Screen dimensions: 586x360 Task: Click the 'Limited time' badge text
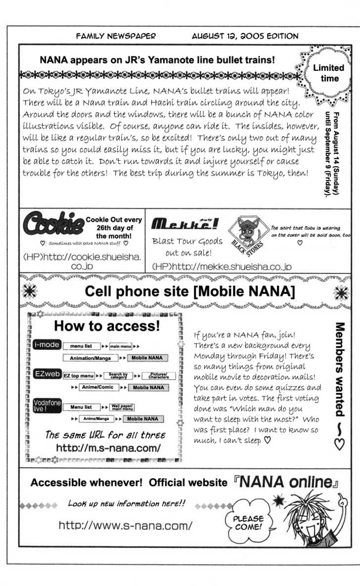[328, 73]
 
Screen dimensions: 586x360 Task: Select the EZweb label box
[44, 375]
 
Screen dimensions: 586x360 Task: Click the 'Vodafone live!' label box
[44, 406]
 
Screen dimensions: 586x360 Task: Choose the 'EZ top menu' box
[79, 376]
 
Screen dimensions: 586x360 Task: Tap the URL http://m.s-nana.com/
[108, 449]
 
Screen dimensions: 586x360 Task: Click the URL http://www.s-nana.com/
[125, 525]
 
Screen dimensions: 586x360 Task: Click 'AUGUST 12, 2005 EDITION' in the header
[245, 36]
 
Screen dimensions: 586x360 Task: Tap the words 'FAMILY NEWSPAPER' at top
[116, 36]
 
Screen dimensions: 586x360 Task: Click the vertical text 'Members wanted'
[340, 371]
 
